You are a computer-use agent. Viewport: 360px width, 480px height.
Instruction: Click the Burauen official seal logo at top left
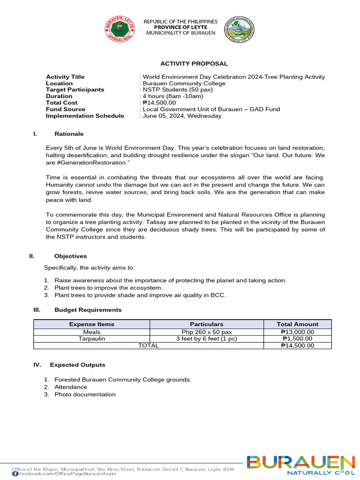[119, 29]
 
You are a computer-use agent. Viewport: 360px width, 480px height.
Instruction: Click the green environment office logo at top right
[239, 29]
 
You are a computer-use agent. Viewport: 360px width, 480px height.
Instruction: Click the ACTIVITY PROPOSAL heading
[194, 64]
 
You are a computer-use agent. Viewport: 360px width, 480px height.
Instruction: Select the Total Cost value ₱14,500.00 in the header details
[158, 103]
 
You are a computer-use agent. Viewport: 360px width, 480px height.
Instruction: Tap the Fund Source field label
[66, 109]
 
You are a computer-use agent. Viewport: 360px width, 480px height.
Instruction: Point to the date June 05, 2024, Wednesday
[181, 116]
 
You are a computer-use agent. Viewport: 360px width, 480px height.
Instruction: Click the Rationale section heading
[69, 134]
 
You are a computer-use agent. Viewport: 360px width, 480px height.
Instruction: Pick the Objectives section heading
[70, 256]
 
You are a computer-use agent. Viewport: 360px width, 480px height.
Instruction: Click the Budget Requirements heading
[88, 310]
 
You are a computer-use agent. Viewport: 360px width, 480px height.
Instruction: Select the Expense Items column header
[91, 324]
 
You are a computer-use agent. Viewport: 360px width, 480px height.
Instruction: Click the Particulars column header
[206, 324]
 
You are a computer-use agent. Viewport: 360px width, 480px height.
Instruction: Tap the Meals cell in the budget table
[91, 332]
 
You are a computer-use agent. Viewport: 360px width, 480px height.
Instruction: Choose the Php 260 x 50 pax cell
[206, 332]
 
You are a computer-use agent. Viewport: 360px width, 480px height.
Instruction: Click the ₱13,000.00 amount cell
[298, 332]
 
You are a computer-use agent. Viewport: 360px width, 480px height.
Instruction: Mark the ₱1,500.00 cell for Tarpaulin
[298, 339]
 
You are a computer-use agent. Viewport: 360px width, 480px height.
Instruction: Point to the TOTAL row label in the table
[148, 345]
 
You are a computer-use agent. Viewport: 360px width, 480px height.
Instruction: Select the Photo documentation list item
[85, 395]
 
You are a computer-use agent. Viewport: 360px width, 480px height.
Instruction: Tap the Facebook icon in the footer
[15, 474]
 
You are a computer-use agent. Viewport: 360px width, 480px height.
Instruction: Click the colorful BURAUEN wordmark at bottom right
[301, 463]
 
